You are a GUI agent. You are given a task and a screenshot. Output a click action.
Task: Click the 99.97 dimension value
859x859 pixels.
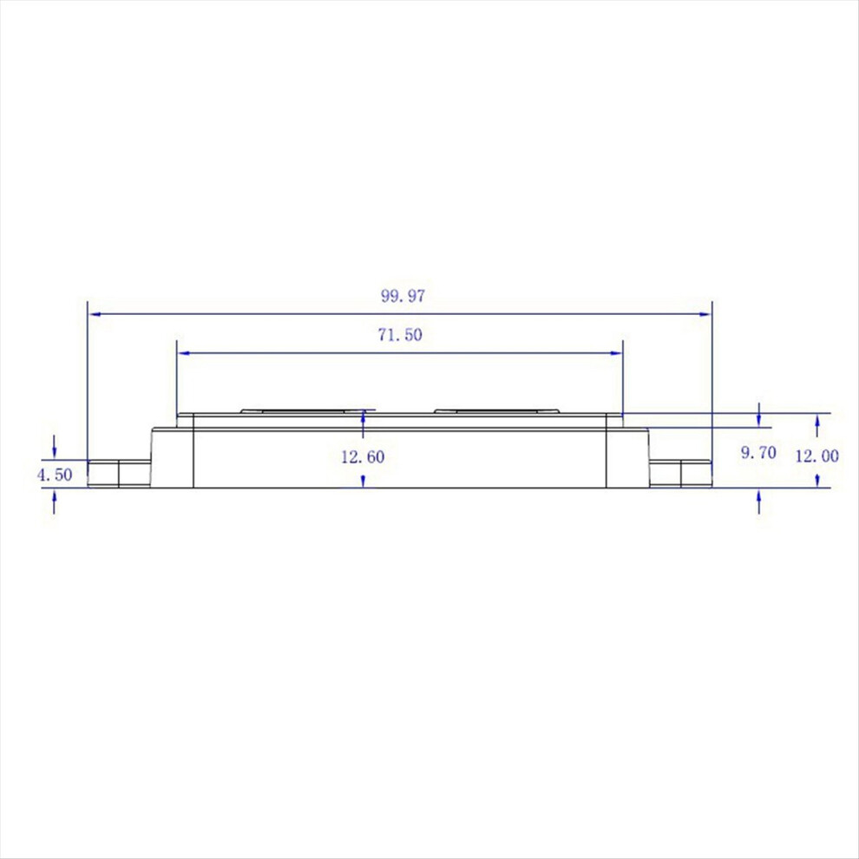[403, 297]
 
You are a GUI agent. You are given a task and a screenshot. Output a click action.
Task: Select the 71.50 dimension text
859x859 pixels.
[400, 335]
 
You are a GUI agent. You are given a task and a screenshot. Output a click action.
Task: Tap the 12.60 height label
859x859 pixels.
[363, 457]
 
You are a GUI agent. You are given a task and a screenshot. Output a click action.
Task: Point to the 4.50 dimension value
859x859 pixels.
[55, 475]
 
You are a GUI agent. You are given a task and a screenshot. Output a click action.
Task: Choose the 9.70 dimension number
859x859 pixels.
[758, 453]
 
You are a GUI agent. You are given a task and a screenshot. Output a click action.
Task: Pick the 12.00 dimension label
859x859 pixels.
[816, 456]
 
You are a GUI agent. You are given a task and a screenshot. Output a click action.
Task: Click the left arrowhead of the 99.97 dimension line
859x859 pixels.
[95, 314]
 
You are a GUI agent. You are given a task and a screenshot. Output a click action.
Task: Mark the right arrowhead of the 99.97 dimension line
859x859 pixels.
[705, 314]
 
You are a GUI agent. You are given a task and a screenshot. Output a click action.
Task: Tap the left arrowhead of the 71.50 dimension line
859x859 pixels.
[184, 353]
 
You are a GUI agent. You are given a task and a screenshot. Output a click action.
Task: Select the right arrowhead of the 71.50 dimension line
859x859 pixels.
[616, 353]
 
